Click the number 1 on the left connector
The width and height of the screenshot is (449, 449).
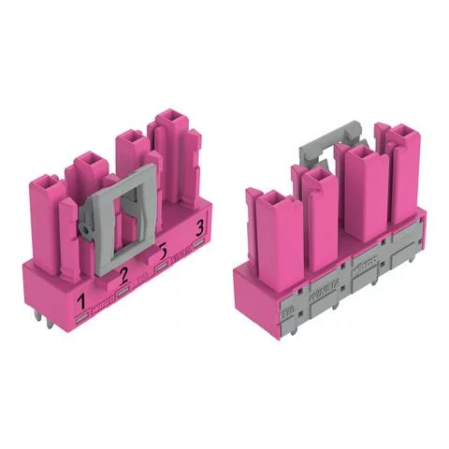[x=82, y=300]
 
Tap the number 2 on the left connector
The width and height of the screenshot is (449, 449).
[x=123, y=273]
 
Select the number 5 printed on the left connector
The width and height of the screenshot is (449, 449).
[x=164, y=253]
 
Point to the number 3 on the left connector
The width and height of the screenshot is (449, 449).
[x=198, y=229]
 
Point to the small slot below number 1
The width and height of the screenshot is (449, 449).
[x=83, y=318]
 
